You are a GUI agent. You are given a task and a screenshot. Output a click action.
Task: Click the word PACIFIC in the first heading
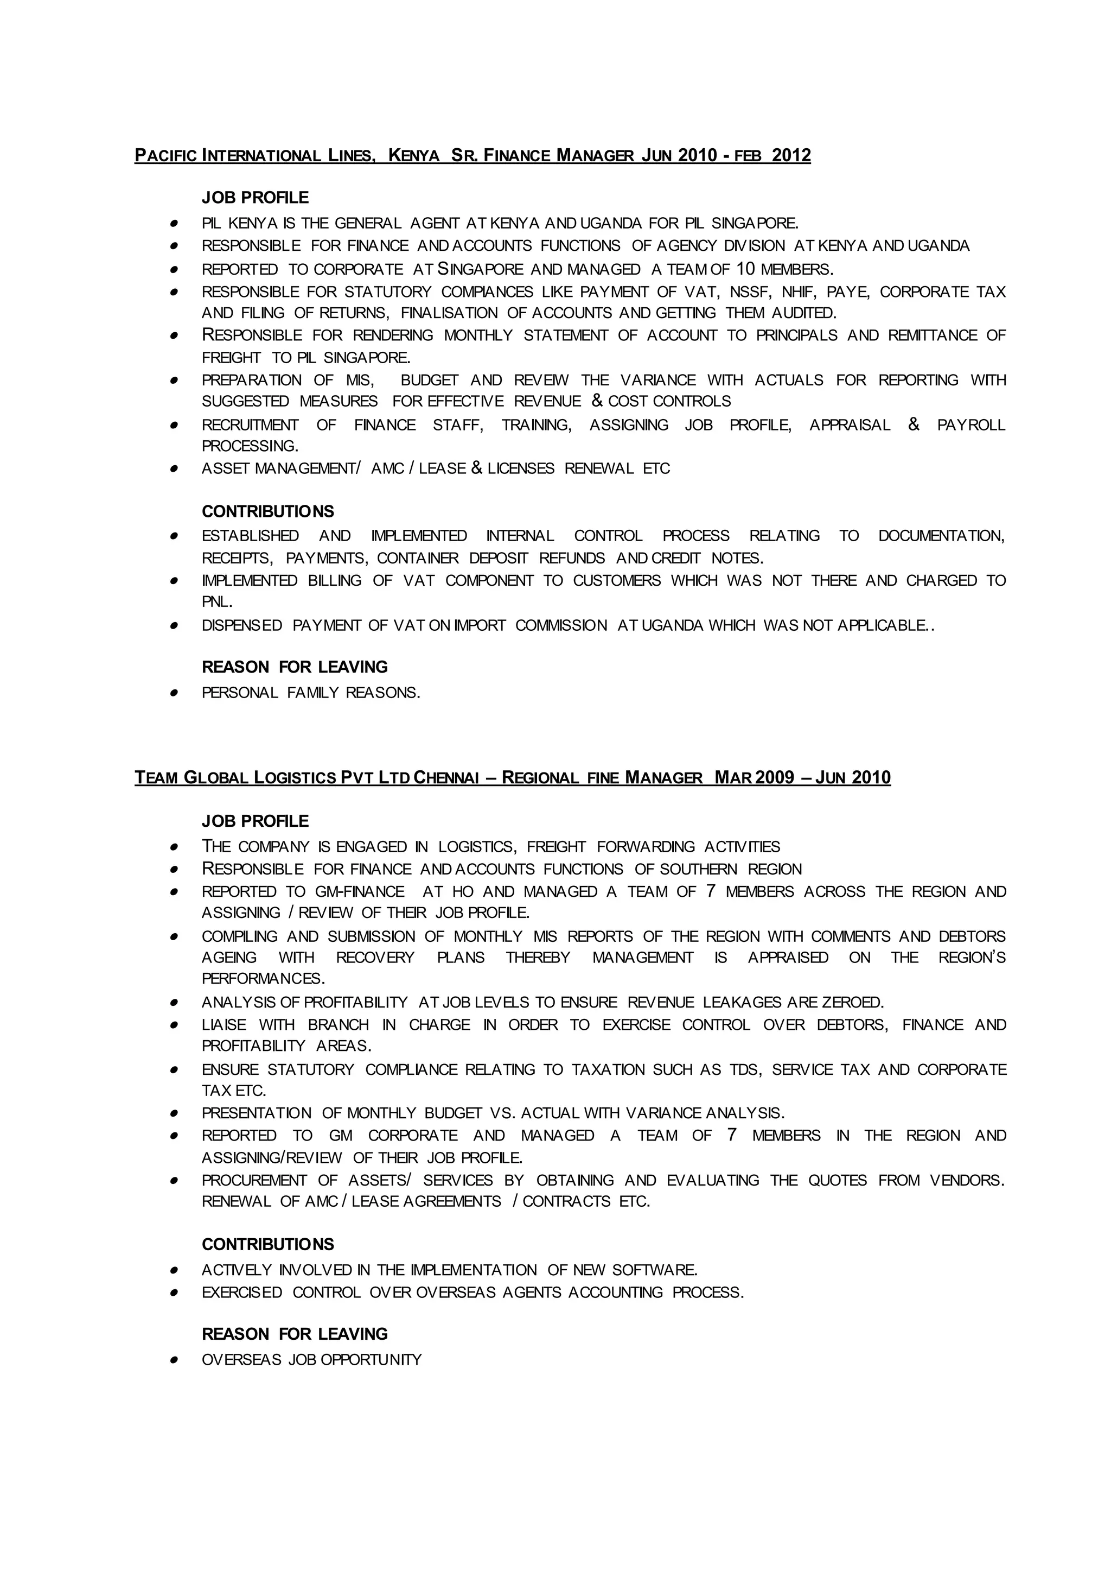[x=165, y=156]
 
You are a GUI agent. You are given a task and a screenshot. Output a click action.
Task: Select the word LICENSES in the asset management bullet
[x=521, y=469]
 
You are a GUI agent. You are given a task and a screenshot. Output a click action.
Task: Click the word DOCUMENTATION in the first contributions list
[x=941, y=536]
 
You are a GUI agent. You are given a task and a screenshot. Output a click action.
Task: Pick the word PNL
[x=217, y=603]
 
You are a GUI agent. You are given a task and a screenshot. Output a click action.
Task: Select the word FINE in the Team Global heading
[x=602, y=778]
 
